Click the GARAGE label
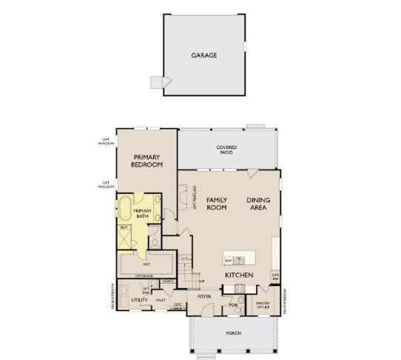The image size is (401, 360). (x=204, y=55)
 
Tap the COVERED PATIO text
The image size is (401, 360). (x=226, y=150)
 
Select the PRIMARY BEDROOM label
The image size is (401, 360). (x=146, y=161)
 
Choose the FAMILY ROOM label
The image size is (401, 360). (x=216, y=204)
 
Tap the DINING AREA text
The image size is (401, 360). (x=258, y=204)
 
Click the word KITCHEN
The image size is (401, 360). (x=240, y=276)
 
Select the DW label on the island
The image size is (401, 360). (x=229, y=261)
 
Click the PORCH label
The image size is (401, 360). (x=233, y=333)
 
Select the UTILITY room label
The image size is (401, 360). (x=139, y=300)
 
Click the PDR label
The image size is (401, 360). (x=232, y=304)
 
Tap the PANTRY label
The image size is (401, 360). (x=262, y=304)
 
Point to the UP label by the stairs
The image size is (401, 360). (x=200, y=281)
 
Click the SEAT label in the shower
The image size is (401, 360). (x=125, y=227)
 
